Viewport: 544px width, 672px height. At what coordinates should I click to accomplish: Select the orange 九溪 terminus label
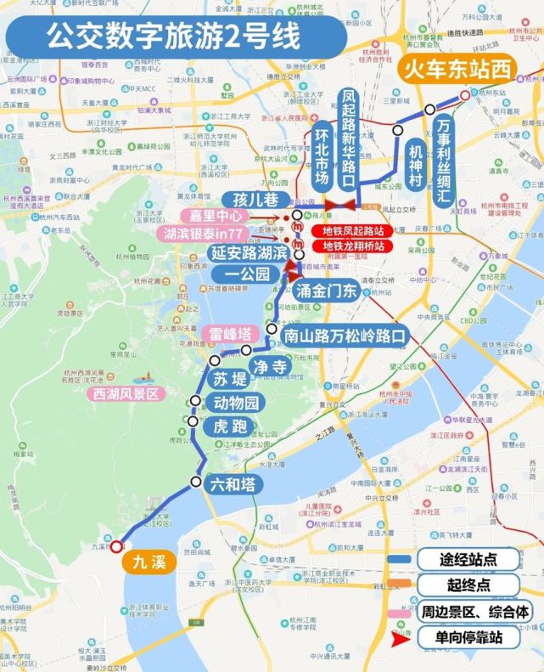[x=149, y=562]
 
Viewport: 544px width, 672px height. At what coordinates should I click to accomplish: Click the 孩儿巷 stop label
[x=250, y=200]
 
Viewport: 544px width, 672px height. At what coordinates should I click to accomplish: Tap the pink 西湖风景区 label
[x=127, y=394]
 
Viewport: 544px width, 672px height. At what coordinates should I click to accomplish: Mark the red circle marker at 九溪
[x=116, y=547]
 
